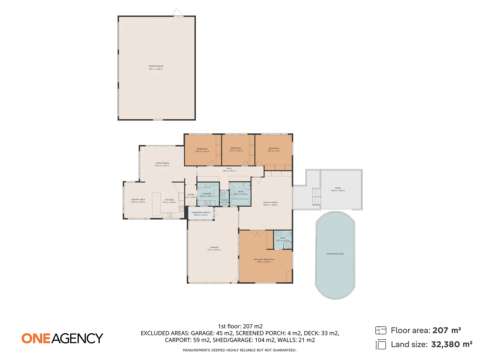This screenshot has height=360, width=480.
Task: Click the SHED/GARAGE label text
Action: (x=156, y=66)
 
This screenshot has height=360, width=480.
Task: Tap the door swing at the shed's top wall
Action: (x=178, y=13)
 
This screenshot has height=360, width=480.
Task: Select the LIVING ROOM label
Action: (x=162, y=163)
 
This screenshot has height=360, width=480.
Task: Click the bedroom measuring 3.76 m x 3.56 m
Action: (x=236, y=150)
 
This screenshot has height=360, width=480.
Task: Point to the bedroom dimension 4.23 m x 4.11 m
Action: (x=274, y=151)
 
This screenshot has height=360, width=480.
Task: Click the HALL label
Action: (x=229, y=168)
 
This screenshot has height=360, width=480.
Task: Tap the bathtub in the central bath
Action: (x=240, y=202)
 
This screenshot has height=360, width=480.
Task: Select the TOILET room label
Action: (x=224, y=200)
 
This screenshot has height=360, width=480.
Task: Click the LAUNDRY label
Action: (x=207, y=194)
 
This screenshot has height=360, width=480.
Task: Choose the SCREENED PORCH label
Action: (x=201, y=212)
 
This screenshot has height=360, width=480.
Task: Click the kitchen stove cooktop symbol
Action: (x=182, y=209)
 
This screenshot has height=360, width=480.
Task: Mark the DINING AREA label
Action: (x=138, y=199)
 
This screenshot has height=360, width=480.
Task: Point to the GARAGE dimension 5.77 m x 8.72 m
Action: (x=214, y=250)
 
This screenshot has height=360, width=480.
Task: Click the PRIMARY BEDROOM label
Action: (x=264, y=259)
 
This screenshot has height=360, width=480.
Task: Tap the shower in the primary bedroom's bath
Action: (x=287, y=246)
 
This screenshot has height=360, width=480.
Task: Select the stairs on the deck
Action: (x=316, y=197)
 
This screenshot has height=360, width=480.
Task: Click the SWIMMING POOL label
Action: (x=335, y=254)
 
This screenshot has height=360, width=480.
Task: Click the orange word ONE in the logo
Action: (x=36, y=338)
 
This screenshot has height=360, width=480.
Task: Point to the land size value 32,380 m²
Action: (x=452, y=344)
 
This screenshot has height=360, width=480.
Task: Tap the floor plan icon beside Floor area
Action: (x=381, y=330)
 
